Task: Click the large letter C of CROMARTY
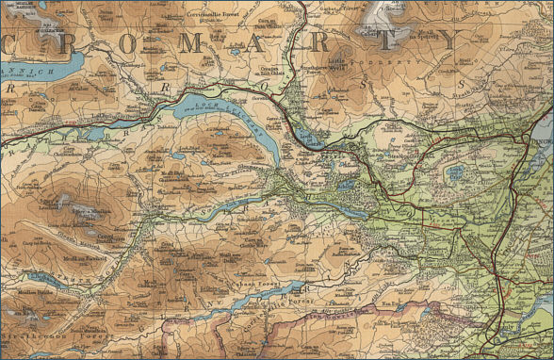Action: coord(16,44)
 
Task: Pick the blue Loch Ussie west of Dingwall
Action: coord(455,172)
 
